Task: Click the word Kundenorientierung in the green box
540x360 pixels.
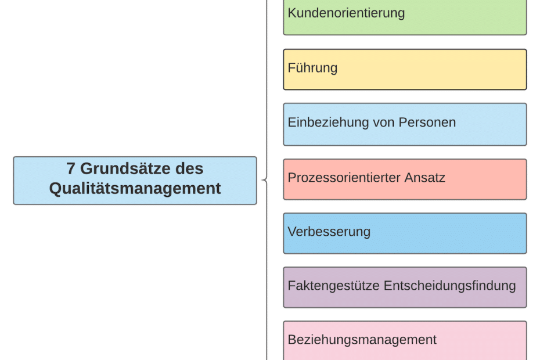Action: pos(346,13)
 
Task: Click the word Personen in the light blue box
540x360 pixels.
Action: pos(427,123)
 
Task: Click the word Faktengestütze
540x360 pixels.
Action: pos(334,286)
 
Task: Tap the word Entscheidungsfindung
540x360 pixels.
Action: pos(449,286)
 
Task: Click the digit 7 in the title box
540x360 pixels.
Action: pos(71,169)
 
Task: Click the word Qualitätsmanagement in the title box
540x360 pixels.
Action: pos(135,189)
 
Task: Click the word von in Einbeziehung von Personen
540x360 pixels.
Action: pos(385,123)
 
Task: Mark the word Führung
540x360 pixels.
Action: pos(312,68)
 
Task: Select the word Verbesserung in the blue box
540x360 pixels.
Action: pos(329,232)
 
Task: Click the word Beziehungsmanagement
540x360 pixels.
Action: pos(362,340)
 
